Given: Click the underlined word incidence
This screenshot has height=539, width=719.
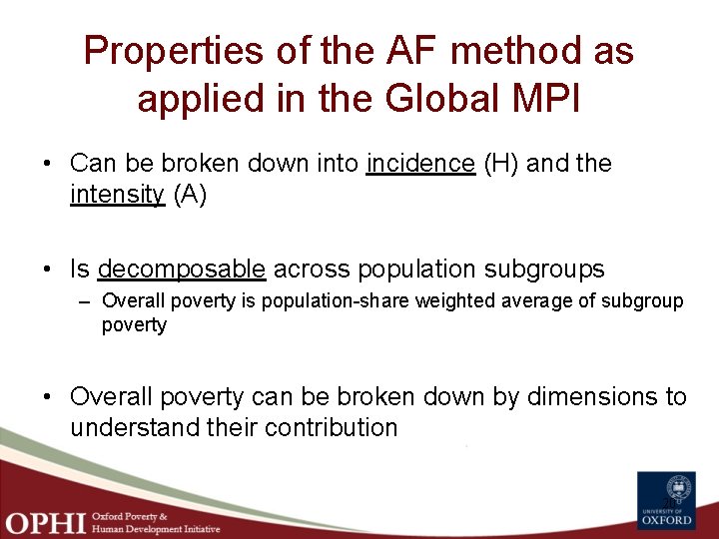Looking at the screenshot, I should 420,164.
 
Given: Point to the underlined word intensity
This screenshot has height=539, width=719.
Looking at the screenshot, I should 116,195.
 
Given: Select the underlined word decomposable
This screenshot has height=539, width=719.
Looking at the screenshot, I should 182,269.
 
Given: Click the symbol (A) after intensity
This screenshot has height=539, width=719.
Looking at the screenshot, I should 190,195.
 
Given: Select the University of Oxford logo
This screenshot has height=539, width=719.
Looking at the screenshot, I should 666,500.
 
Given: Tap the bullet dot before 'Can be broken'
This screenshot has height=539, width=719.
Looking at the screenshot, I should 49,164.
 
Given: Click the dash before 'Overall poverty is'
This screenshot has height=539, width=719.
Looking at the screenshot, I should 87,300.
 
